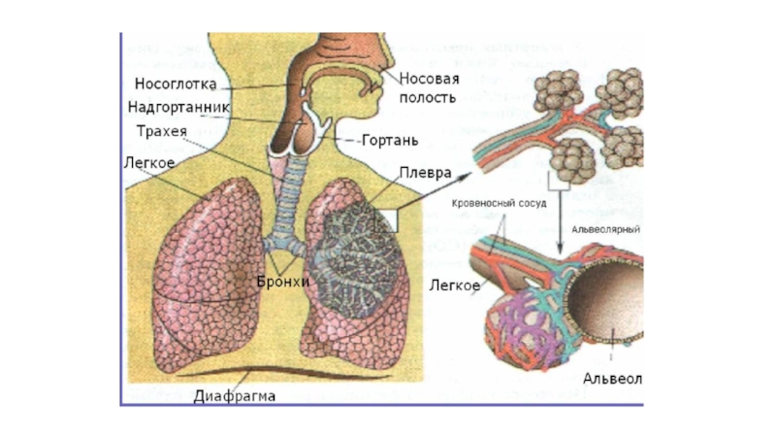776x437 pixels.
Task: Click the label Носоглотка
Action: click(x=175, y=84)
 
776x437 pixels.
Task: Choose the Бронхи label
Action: click(x=283, y=282)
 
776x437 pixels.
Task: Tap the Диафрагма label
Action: click(x=235, y=396)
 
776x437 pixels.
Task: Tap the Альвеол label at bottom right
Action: click(x=612, y=377)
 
